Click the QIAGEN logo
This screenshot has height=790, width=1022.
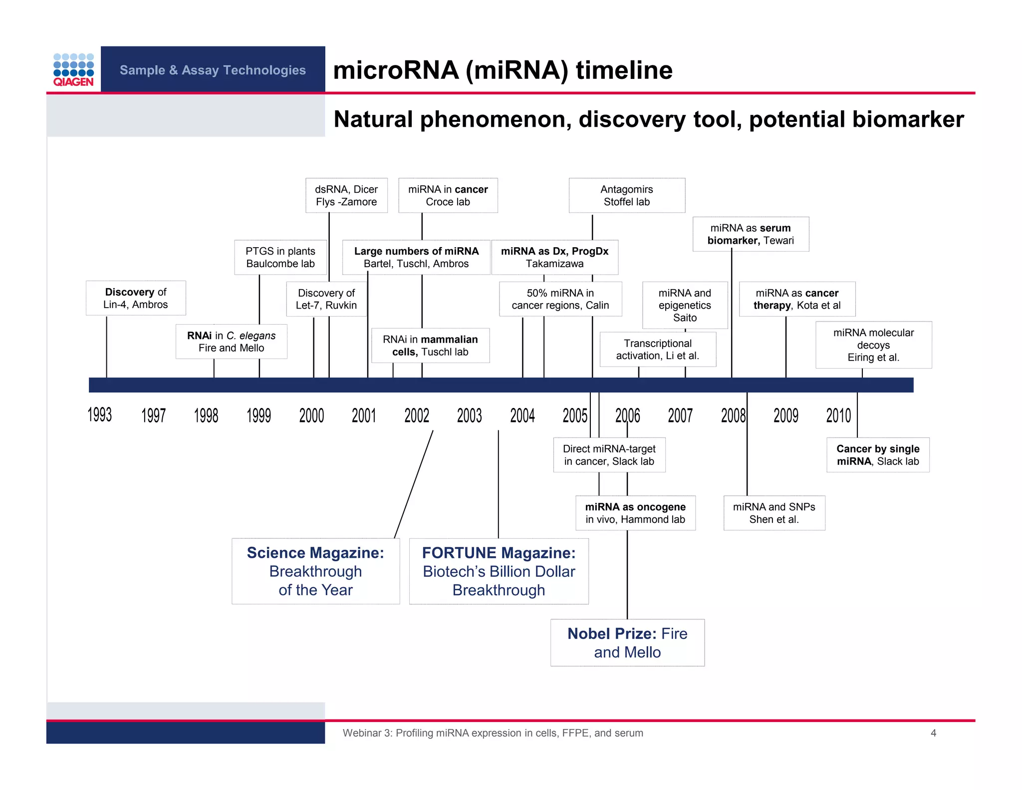pyautogui.click(x=73, y=70)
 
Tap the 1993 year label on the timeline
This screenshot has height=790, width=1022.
pyautogui.click(x=100, y=415)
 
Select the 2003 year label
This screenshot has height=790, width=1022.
pyautogui.click(x=469, y=415)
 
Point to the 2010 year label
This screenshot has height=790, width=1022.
pyautogui.click(x=838, y=415)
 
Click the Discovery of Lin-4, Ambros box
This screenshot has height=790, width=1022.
pyautogui.click(x=136, y=298)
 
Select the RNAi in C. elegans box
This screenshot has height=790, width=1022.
pyautogui.click(x=231, y=342)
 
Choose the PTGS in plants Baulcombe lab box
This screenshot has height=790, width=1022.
pyautogui.click(x=280, y=257)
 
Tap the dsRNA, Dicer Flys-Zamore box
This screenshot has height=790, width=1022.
pyautogui.click(x=346, y=195)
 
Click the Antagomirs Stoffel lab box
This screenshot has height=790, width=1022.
pyautogui.click(x=627, y=195)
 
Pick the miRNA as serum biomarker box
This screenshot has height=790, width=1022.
pyautogui.click(x=751, y=234)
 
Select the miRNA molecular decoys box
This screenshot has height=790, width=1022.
pyautogui.click(x=873, y=345)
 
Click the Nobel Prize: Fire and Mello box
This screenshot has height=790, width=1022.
pyautogui.click(x=627, y=643)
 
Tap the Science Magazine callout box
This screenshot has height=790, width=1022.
pyautogui.click(x=315, y=571)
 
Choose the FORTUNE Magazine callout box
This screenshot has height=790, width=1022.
pyautogui.click(x=499, y=571)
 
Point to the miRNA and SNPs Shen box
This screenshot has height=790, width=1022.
pyautogui.click(x=774, y=513)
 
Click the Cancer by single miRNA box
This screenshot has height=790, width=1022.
pyautogui.click(x=878, y=455)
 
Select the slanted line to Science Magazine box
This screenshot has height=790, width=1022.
pyautogui.click(x=414, y=484)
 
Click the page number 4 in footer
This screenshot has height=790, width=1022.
pyautogui.click(x=933, y=733)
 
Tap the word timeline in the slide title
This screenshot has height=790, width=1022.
pyautogui.click(x=624, y=70)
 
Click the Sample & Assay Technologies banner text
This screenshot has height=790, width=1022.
pyautogui.click(x=213, y=70)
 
